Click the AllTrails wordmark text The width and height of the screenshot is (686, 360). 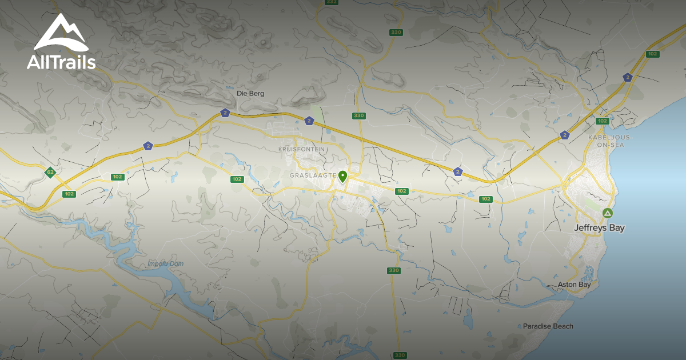61,62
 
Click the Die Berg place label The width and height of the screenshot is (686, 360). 250,93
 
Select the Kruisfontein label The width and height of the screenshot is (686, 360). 301,149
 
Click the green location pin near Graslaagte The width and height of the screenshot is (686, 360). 342,177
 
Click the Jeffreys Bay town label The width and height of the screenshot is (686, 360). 599,227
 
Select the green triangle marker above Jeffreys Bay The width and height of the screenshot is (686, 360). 608,214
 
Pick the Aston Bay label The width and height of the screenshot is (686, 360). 574,284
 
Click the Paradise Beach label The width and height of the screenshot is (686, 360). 548,326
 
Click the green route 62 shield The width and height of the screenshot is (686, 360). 50,172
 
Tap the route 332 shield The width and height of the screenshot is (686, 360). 331,2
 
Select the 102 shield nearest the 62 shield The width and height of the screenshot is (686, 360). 69,194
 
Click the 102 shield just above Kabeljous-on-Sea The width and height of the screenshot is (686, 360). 602,121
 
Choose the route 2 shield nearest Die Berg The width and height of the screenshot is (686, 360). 225,113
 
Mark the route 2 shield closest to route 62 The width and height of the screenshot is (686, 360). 148,146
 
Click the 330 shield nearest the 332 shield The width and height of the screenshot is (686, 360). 395,32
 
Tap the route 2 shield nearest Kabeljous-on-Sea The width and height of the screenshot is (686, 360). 565,135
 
